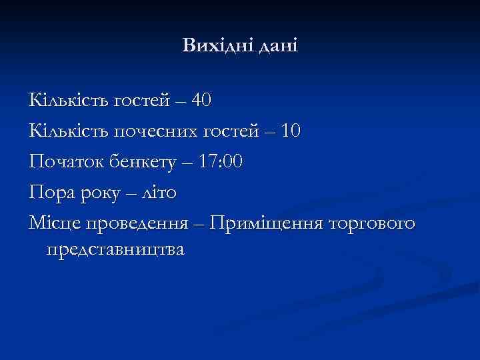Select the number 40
click(201, 101)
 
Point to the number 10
click(291, 131)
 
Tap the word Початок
click(62, 162)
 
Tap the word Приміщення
click(265, 224)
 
